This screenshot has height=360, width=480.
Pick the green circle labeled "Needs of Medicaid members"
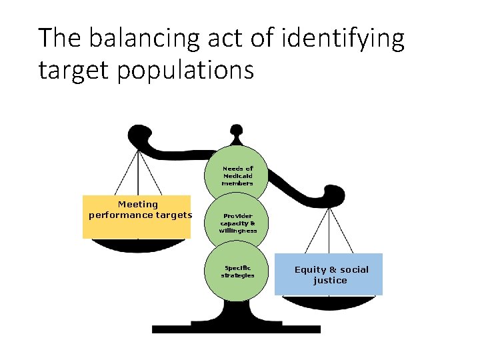[x=237, y=173]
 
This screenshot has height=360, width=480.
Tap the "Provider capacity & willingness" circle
[x=237, y=223]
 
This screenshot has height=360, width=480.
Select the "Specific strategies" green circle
[x=237, y=273]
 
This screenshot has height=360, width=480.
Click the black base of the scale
[x=236, y=329]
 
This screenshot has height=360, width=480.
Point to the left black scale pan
[x=137, y=245]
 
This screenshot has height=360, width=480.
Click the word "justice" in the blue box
[x=330, y=281]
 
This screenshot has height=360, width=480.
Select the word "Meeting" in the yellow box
[x=138, y=205]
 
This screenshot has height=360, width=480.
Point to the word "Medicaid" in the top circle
[x=238, y=176]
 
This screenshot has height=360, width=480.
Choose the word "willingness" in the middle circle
[x=238, y=231]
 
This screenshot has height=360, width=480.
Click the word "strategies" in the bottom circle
[x=238, y=275]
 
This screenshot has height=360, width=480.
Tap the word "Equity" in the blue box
[x=311, y=270]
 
